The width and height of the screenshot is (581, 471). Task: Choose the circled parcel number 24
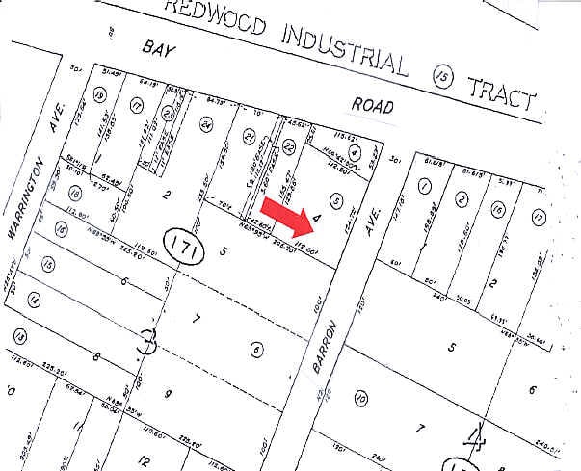[x=205, y=124]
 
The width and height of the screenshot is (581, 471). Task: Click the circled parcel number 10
[x=362, y=397]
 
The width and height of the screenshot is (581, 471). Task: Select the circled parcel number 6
[x=255, y=349]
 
